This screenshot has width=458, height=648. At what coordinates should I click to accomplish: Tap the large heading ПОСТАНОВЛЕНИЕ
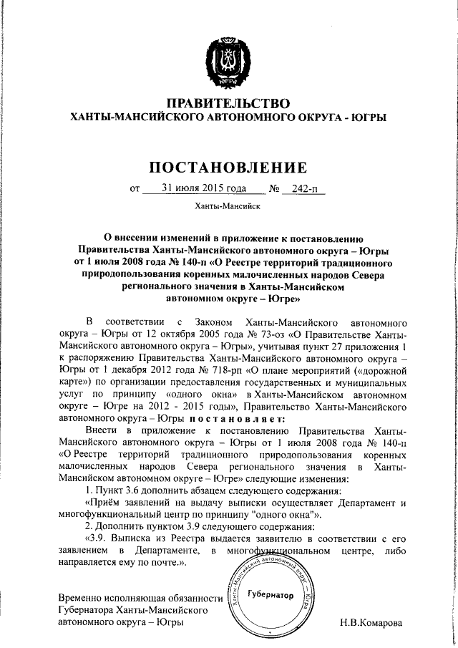[x=228, y=168]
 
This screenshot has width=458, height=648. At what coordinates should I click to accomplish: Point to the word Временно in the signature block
[x=80, y=596]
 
